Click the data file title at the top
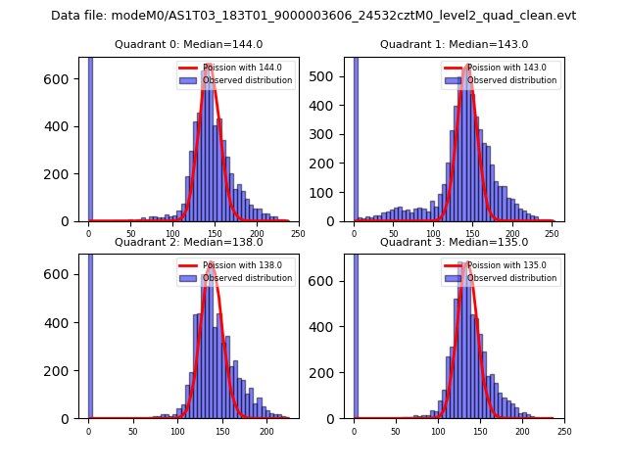tap(313, 16)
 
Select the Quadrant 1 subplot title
tap(454, 44)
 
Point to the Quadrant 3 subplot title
tap(454, 242)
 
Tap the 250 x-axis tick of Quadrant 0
tap(298, 233)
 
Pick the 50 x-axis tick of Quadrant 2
tap(133, 431)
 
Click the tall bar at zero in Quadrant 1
tap(356, 138)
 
